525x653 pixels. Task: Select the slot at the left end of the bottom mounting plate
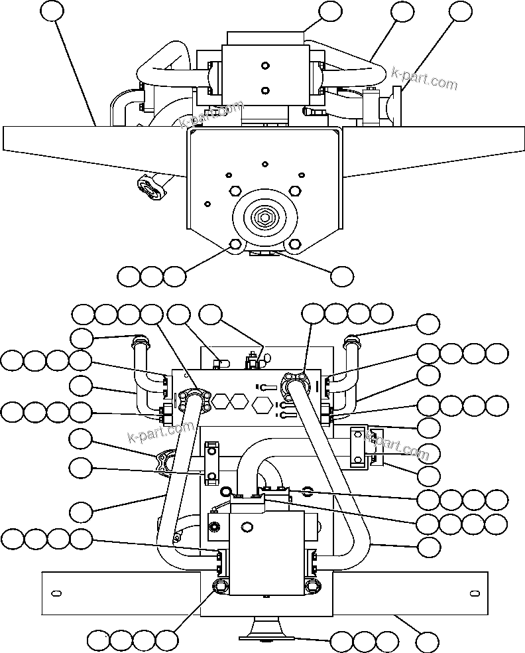[56, 592]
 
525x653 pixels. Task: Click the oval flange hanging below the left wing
[151, 186]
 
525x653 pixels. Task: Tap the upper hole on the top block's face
[265, 66]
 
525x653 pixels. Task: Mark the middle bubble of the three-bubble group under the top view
[151, 276]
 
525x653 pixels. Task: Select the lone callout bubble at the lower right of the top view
[342, 276]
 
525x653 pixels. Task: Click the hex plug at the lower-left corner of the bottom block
[220, 585]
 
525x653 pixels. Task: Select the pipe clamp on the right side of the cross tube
[359, 447]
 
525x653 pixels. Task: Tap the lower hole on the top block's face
[265, 91]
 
